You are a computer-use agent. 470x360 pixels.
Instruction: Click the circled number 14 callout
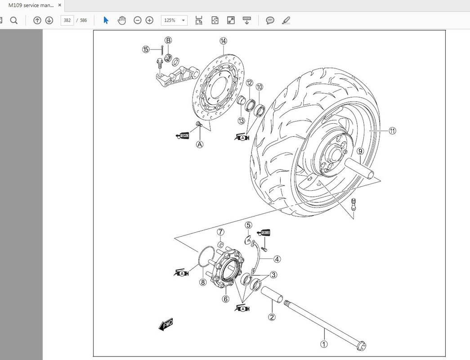(x=224, y=41)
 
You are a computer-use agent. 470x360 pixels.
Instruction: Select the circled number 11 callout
(x=392, y=131)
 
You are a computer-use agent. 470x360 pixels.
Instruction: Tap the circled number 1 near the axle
(x=323, y=344)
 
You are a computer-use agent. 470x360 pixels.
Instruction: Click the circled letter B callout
(x=168, y=41)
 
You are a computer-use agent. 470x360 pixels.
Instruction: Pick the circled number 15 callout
(x=146, y=49)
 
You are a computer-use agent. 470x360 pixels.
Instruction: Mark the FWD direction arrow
(x=166, y=324)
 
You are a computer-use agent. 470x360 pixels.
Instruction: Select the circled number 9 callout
(x=360, y=152)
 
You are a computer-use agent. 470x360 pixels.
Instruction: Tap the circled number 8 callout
(x=203, y=283)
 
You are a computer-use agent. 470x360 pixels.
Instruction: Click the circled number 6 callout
(x=225, y=299)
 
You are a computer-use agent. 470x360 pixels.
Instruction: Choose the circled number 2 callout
(x=272, y=317)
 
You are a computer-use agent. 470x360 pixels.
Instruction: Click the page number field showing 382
(x=67, y=20)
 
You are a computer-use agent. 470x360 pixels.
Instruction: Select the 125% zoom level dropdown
(x=174, y=20)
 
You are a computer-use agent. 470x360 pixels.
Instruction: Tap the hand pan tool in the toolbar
(x=121, y=20)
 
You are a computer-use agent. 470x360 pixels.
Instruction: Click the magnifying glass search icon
(x=13, y=20)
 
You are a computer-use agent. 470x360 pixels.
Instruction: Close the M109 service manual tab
(x=59, y=5)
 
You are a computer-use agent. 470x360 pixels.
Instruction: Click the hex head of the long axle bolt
(x=362, y=346)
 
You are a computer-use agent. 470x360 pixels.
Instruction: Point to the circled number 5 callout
(x=248, y=225)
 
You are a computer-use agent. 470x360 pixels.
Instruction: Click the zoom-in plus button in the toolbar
(x=149, y=20)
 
